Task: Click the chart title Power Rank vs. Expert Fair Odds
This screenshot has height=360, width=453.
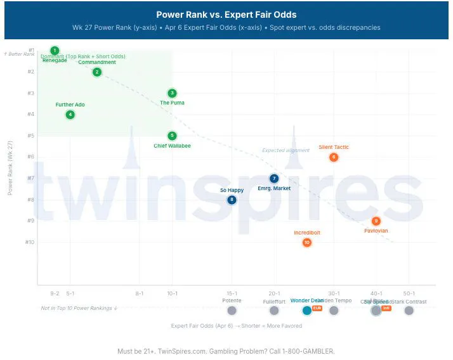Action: pos(226,15)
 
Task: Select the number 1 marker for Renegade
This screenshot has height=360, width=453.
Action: pos(55,51)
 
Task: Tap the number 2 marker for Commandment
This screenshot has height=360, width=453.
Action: pos(96,72)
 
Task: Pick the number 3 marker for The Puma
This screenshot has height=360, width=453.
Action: pos(172,93)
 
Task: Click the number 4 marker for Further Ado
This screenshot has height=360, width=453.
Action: pos(70,115)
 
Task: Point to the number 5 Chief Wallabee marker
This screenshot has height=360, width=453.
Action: pos(172,136)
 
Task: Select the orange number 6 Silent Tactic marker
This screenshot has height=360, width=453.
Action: pos(334,157)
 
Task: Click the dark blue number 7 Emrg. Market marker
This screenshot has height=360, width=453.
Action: pos(274,179)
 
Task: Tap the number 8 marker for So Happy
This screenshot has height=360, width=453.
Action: pos(232,200)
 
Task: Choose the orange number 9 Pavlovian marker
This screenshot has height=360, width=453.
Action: pos(376,221)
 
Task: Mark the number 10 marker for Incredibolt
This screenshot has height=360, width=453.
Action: pos(307,242)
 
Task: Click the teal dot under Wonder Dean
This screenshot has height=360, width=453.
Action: pos(307,310)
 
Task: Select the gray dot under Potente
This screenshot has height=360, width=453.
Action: pos(232,310)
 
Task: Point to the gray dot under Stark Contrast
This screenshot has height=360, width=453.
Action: pos(409,310)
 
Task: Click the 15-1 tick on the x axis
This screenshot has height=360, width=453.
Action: pos(232,293)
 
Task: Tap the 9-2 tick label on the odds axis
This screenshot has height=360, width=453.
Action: pos(55,293)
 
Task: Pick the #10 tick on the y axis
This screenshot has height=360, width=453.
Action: pos(29,242)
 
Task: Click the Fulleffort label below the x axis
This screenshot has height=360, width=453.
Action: pos(274,301)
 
